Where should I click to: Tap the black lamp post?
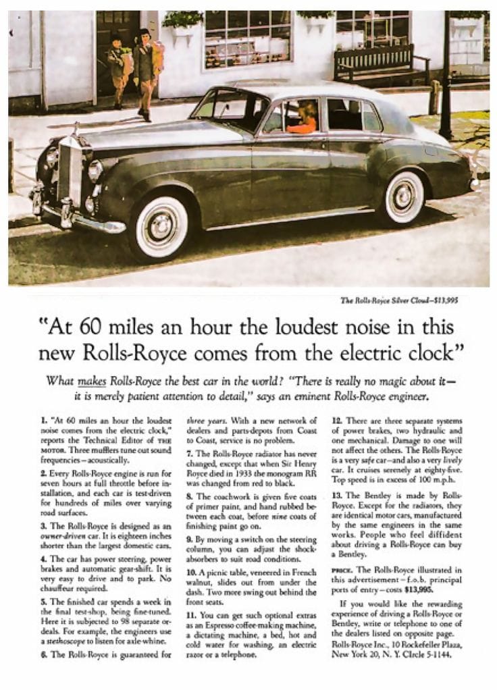[x=445, y=74]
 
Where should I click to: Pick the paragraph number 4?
[x=43, y=558]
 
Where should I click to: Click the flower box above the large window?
[x=182, y=19]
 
